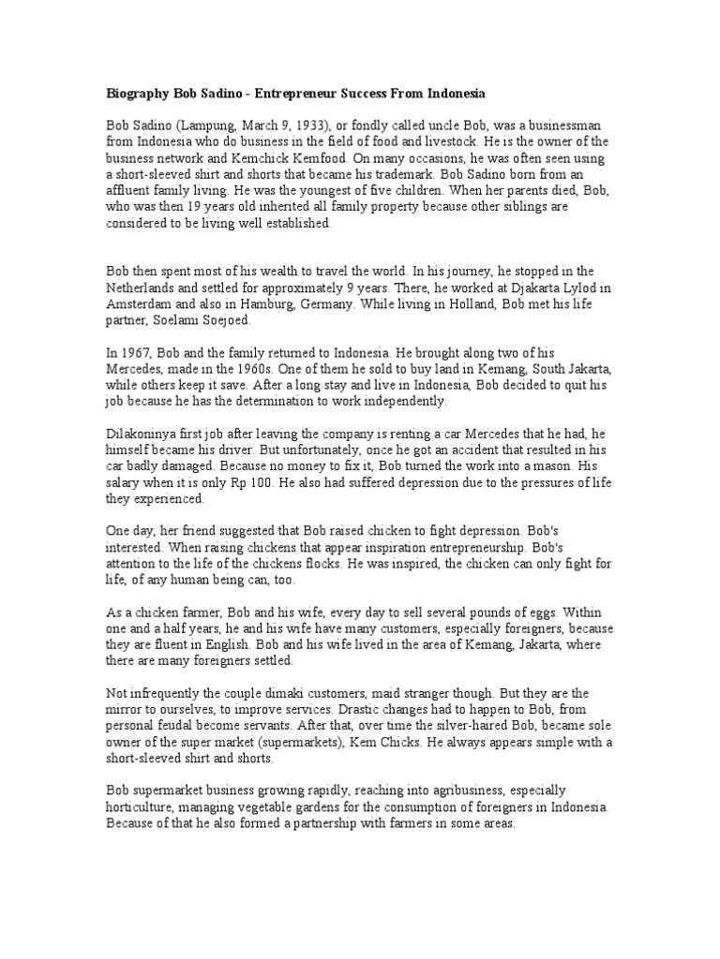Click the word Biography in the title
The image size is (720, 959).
pyautogui.click(x=136, y=96)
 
